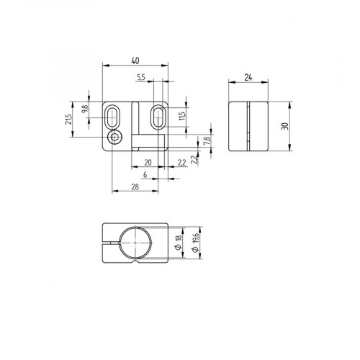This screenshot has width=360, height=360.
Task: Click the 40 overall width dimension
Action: click(135, 62)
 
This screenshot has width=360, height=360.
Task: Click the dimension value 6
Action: click(145, 175)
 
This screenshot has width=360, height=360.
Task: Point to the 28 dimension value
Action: click(135, 188)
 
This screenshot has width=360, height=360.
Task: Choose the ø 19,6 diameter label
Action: click(194, 246)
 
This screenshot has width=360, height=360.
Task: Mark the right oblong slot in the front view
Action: click(158, 115)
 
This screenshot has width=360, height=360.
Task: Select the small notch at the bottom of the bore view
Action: click(135, 264)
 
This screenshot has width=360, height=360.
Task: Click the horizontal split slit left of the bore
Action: click(108, 245)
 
